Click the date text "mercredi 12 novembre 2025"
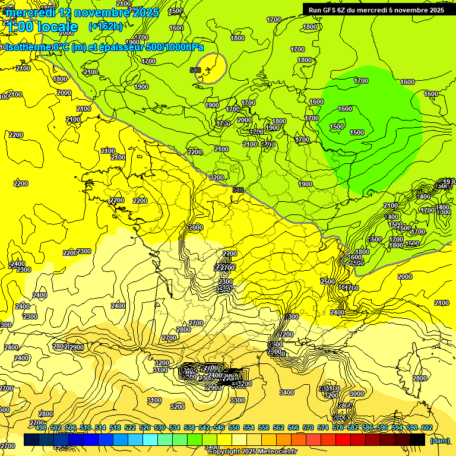pos(82,12)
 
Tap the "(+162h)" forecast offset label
pos(106,26)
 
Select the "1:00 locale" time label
pos(42,27)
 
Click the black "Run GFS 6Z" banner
pos(376,9)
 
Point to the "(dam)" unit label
pos(439,441)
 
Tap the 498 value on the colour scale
pos(40,427)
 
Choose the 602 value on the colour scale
pos(426,427)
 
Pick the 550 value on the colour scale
pos(233,427)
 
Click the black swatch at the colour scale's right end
pos(417,439)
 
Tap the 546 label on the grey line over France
pos(238,190)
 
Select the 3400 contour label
pos(287,392)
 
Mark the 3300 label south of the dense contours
pos(237,400)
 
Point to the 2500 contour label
pos(328,281)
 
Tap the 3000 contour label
pos(357,394)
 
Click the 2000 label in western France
pos(196,227)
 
